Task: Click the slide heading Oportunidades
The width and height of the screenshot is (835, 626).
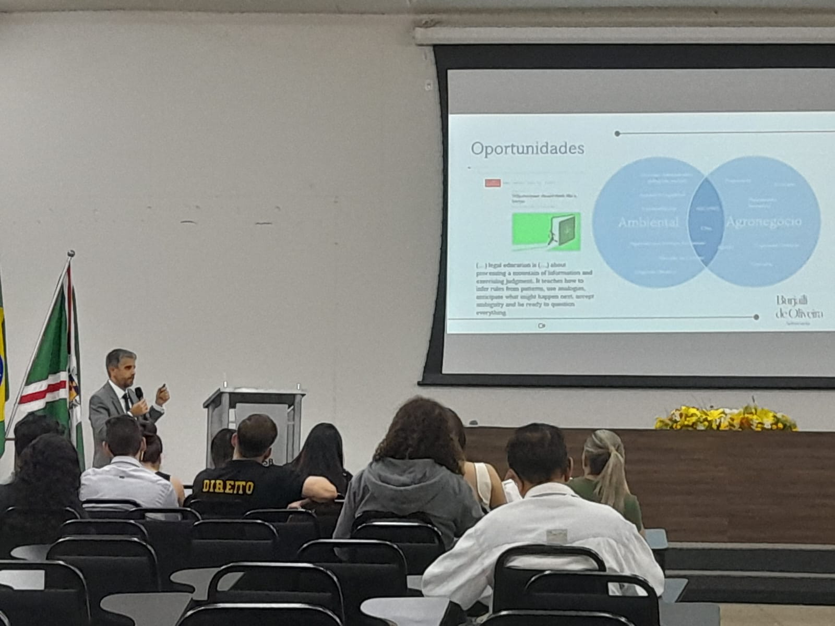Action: pyautogui.click(x=527, y=149)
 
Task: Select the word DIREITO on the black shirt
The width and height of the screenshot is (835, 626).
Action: pyautogui.click(x=228, y=487)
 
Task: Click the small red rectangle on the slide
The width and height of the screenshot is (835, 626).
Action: pyautogui.click(x=493, y=183)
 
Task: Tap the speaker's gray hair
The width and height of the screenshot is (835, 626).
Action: pyautogui.click(x=120, y=357)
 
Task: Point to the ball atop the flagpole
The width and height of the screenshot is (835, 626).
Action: pyautogui.click(x=71, y=254)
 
